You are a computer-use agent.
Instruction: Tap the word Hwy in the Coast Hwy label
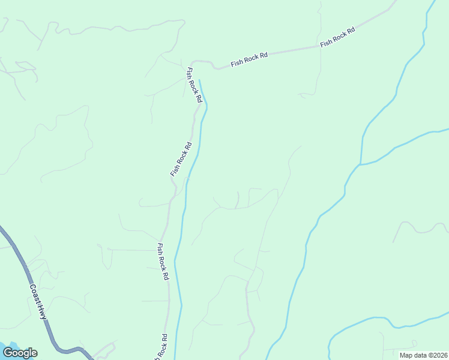(x=42, y=311)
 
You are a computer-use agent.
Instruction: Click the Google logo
(x=20, y=353)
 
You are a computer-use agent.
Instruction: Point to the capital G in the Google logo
(x=8, y=353)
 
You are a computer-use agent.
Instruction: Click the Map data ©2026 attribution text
(x=423, y=355)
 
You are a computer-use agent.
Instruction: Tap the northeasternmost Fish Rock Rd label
(x=337, y=37)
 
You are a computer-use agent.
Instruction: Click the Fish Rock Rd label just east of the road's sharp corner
(x=249, y=58)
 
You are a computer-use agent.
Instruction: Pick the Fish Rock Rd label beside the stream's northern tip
(x=193, y=85)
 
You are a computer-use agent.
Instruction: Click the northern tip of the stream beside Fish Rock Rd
(x=199, y=80)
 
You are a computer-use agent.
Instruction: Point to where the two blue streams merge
(x=360, y=164)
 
